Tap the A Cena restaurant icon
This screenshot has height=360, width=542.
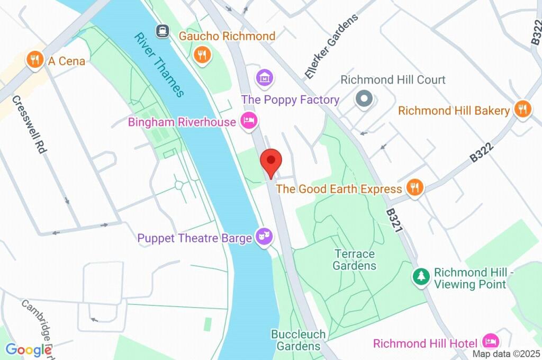(x=35, y=60)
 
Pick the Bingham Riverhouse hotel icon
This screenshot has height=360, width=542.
(x=248, y=121)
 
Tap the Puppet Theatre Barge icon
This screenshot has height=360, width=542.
(x=263, y=237)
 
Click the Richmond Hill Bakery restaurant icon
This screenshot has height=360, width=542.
(x=522, y=110)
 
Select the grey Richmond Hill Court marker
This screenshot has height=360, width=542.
(x=364, y=99)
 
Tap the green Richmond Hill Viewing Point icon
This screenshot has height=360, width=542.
(x=421, y=276)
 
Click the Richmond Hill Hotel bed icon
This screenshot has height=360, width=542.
(x=491, y=341)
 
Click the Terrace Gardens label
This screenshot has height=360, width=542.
(x=355, y=260)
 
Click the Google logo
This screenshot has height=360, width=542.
(x=28, y=349)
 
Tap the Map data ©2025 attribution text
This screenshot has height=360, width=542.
(x=505, y=354)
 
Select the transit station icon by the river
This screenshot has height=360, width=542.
(x=163, y=30)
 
